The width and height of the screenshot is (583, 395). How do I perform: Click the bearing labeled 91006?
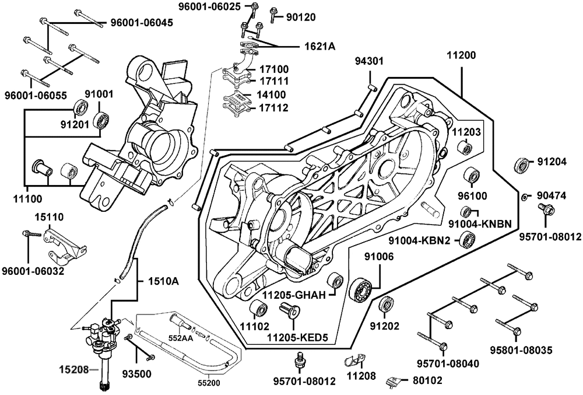[363, 290]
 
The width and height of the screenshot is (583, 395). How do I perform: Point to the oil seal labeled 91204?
[522, 165]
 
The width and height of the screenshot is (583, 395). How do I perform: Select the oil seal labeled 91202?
[386, 305]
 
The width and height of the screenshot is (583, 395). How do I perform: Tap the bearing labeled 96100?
[471, 175]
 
